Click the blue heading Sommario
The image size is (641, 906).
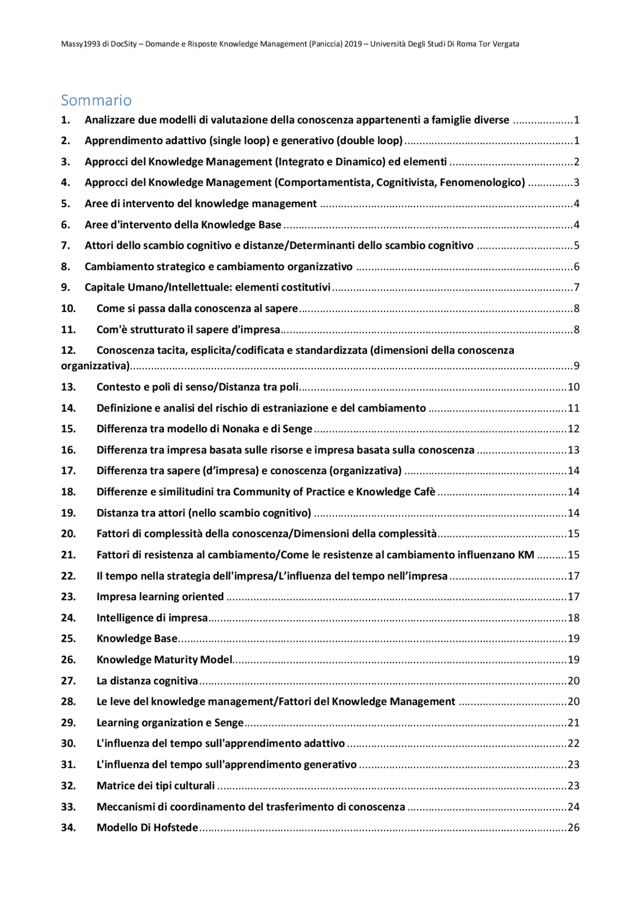pos(96,101)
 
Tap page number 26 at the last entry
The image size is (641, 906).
pos(573,827)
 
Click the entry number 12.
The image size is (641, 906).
pos(68,350)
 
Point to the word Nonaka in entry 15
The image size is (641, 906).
pos(241,429)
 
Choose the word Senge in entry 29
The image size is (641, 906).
pos(229,722)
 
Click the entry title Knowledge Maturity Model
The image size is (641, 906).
pos(164,659)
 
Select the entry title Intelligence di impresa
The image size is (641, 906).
pos(152,618)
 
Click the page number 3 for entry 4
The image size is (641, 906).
pos(576,183)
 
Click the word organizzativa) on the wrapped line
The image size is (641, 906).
pos(95,366)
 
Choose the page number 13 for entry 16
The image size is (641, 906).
pos(573,450)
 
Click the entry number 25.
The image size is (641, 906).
pos(68,638)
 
